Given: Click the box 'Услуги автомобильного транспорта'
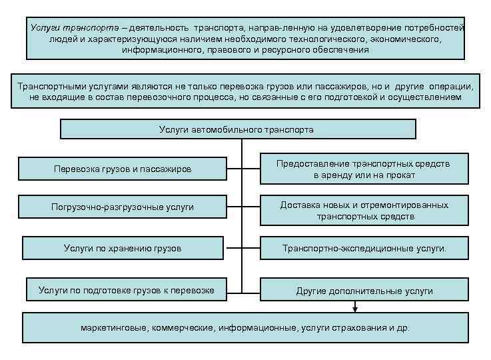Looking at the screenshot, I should pyautogui.click(x=237, y=129).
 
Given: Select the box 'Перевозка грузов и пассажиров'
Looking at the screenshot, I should pyautogui.click(x=122, y=169).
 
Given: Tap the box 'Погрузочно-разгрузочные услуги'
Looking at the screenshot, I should pyautogui.click(x=122, y=207).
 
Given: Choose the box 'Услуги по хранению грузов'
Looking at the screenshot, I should pyautogui.click(x=122, y=249).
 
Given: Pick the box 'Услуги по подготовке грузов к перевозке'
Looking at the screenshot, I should pyautogui.click(x=126, y=290).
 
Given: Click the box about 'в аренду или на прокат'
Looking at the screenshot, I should pyautogui.click(x=364, y=169).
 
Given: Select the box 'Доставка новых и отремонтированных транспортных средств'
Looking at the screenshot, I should pyautogui.click(x=364, y=211).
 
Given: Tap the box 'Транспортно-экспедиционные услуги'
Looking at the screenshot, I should pyautogui.click(x=364, y=249).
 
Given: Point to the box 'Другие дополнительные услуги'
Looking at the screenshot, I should pyautogui.click(x=364, y=291).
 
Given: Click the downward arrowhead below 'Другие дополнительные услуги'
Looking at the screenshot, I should pyautogui.click(x=356, y=309).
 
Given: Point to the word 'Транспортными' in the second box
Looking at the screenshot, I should pyautogui.click(x=51, y=87).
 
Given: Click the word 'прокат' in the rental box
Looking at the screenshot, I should pyautogui.click(x=401, y=175).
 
